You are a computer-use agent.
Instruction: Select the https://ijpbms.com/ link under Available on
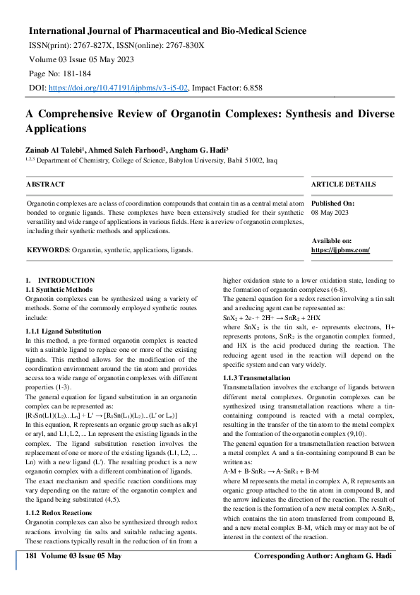tap(340, 250)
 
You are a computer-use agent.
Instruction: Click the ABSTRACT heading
tap(45, 184)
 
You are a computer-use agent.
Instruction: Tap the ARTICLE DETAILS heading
tap(344, 184)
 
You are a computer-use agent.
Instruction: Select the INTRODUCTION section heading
tap(66, 281)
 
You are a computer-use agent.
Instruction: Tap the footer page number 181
tap(31, 556)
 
